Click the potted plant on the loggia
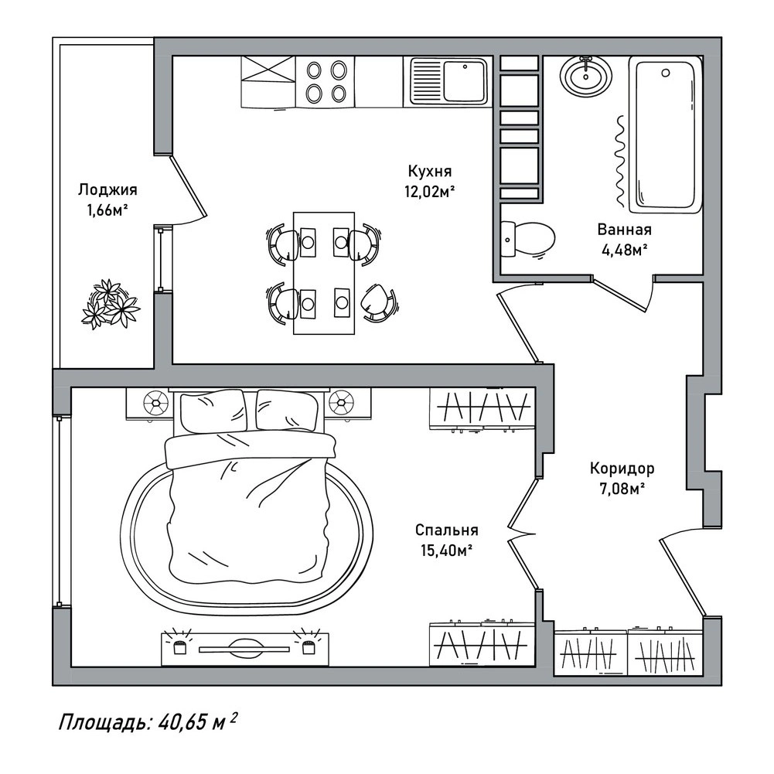111,304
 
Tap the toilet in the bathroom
527,240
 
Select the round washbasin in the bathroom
586,76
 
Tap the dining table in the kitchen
324,273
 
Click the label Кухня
429,172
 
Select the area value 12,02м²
429,192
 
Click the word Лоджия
107,190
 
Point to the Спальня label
447,530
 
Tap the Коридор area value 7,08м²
622,489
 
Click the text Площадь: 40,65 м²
148,723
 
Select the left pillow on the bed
213,411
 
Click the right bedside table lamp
342,403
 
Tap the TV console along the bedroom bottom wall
245,647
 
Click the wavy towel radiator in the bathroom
620,161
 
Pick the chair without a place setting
379,302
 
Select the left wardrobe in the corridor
591,652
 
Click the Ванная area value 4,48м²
624,250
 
